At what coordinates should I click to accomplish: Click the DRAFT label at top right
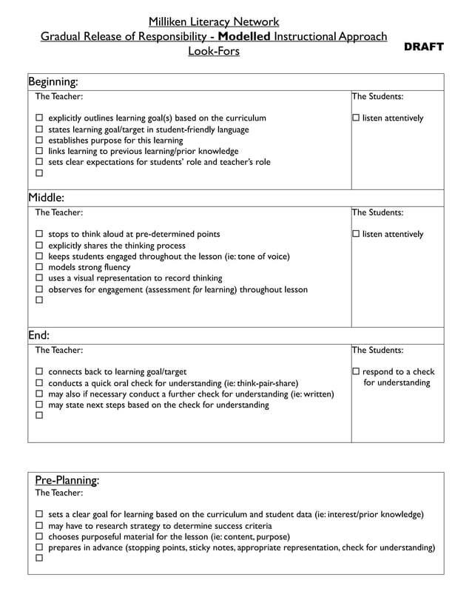(423, 47)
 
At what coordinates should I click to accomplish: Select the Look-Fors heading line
(213, 51)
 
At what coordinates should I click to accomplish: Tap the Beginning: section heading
(53, 81)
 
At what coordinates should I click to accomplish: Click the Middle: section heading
(47, 198)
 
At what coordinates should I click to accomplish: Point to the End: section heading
(38, 335)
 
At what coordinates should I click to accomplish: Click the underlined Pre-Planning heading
(67, 479)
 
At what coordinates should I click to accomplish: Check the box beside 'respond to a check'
(356, 372)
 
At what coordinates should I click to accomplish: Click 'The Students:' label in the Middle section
(377, 212)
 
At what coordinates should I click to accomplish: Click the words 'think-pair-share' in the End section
(266, 383)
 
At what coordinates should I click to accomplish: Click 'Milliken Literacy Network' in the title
(213, 22)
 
